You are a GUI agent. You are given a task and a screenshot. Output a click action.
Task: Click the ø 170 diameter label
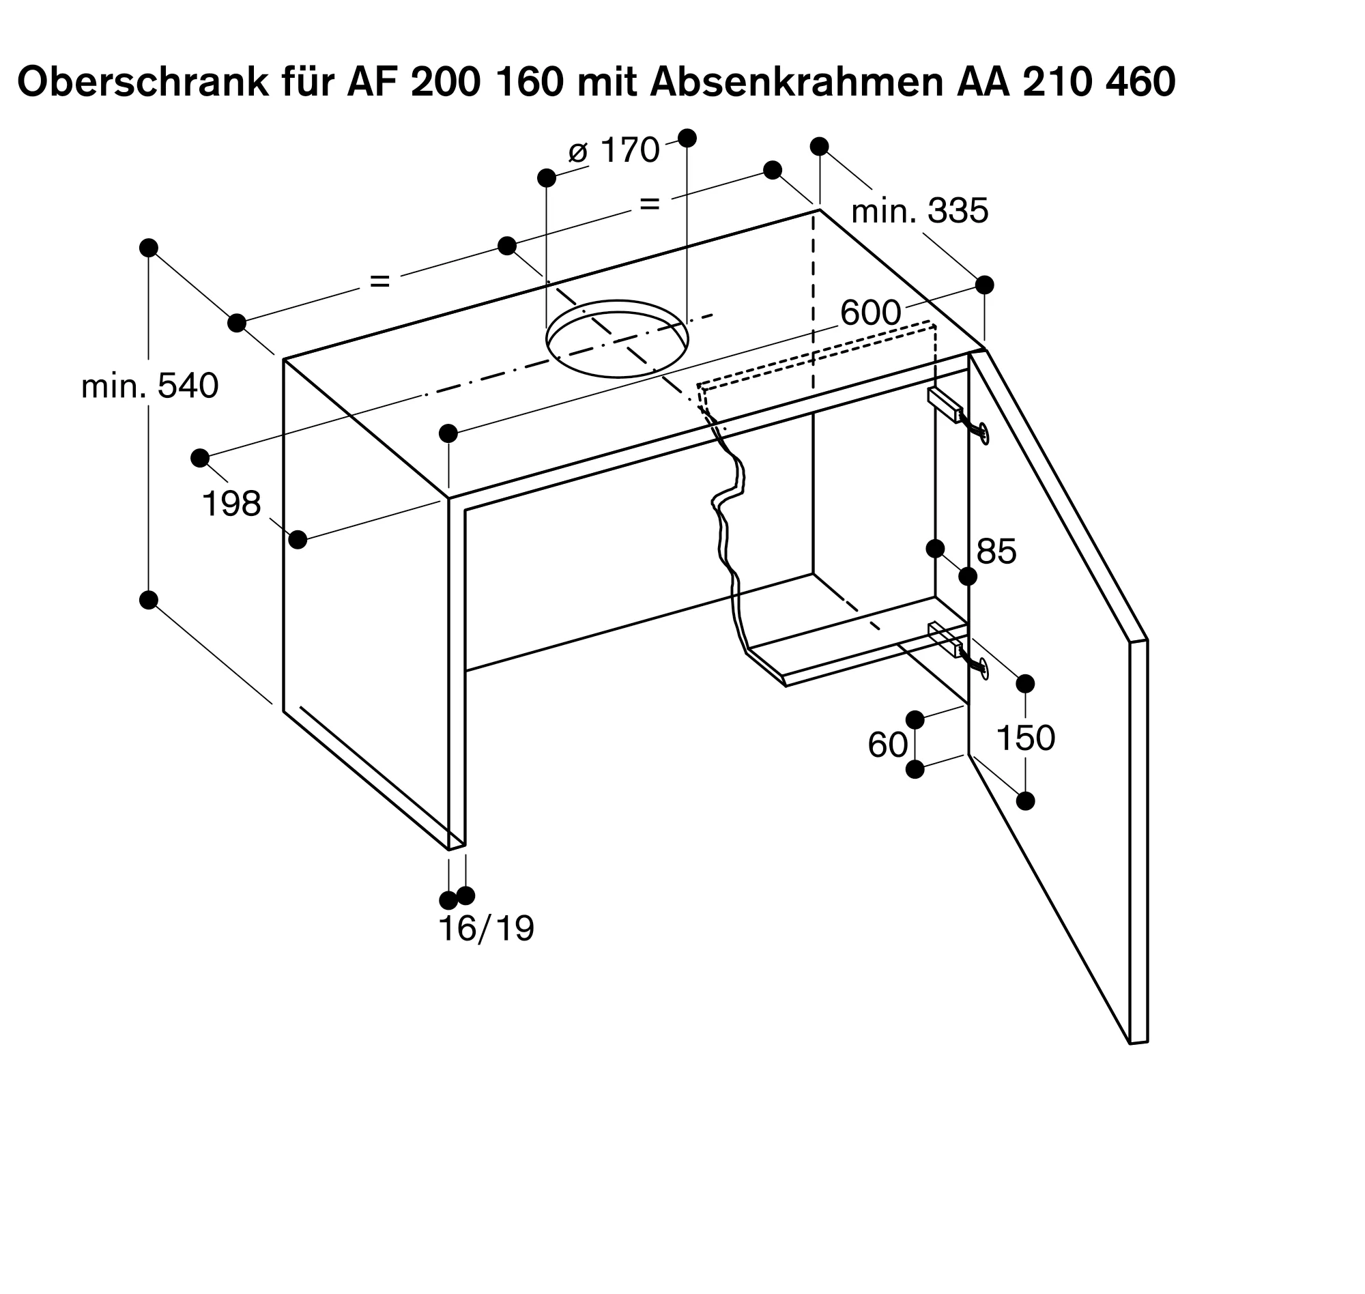pos(613,150)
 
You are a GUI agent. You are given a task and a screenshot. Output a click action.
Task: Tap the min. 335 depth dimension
pos(919,211)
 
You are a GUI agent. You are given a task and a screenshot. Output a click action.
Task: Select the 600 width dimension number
pos(870,314)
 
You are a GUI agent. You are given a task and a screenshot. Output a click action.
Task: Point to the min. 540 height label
pos(149,386)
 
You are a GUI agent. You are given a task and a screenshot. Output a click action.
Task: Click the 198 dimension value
pos(231,504)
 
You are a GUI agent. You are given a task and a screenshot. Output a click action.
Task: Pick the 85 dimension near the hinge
pos(996,552)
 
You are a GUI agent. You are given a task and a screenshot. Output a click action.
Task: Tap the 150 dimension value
pos(1026,738)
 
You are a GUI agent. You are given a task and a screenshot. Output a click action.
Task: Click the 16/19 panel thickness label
pos(486,928)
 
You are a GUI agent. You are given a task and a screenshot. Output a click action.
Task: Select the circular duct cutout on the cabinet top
pos(617,339)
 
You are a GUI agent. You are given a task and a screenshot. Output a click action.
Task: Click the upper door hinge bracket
pos(945,405)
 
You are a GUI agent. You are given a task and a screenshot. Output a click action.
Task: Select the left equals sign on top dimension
pos(380,281)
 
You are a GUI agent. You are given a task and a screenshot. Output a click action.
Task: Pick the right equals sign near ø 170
pos(650,203)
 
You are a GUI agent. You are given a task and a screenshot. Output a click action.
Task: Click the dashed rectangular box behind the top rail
pos(814,355)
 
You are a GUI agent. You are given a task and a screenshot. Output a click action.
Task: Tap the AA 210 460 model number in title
pos(1065,83)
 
